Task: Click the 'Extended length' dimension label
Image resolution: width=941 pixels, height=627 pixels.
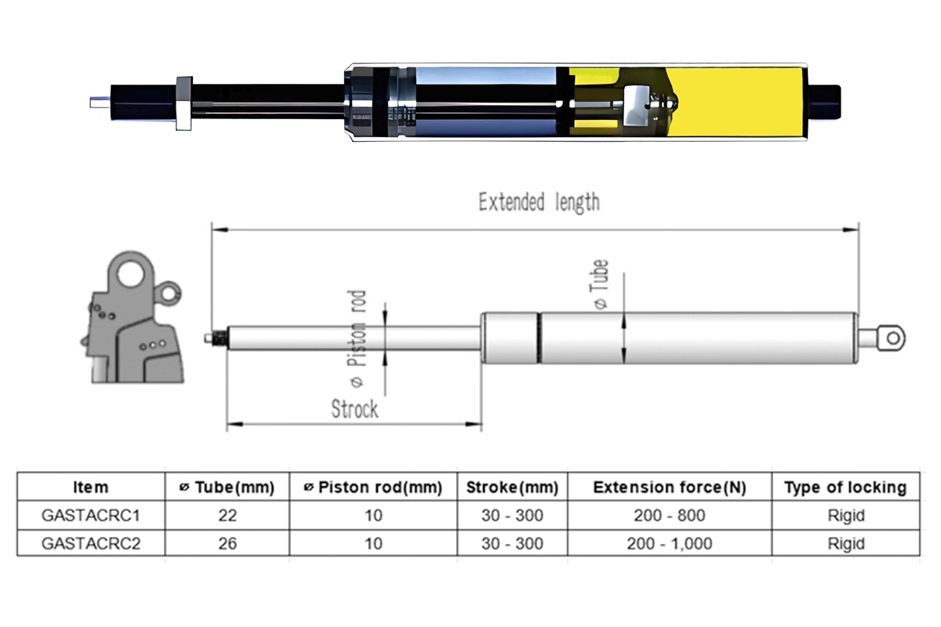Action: (x=539, y=202)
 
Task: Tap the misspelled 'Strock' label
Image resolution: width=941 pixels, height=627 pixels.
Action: (x=354, y=408)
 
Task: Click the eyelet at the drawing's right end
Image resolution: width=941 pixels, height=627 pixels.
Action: (x=892, y=337)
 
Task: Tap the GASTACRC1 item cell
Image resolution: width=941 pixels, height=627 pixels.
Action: (x=91, y=516)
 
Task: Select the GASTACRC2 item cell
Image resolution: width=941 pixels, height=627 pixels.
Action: (x=91, y=543)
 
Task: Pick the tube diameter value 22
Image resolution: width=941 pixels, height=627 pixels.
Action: (x=227, y=516)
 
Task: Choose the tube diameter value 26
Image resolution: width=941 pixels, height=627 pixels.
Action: (x=227, y=543)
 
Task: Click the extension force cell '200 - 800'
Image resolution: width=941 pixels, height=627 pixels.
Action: (x=670, y=516)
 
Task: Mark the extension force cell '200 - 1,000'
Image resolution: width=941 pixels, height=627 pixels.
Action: (x=670, y=543)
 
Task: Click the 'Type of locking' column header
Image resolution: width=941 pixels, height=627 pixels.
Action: (x=845, y=487)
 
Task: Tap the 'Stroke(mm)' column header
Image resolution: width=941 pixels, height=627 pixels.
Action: (x=512, y=487)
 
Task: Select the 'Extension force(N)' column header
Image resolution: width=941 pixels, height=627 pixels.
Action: (x=670, y=487)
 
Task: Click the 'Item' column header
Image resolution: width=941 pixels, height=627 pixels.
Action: (x=91, y=487)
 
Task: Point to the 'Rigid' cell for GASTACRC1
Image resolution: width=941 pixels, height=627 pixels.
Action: (x=845, y=516)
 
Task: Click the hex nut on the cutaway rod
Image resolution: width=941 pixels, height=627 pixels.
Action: (x=184, y=103)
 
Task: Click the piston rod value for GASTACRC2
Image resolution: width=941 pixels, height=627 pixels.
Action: (x=373, y=543)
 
